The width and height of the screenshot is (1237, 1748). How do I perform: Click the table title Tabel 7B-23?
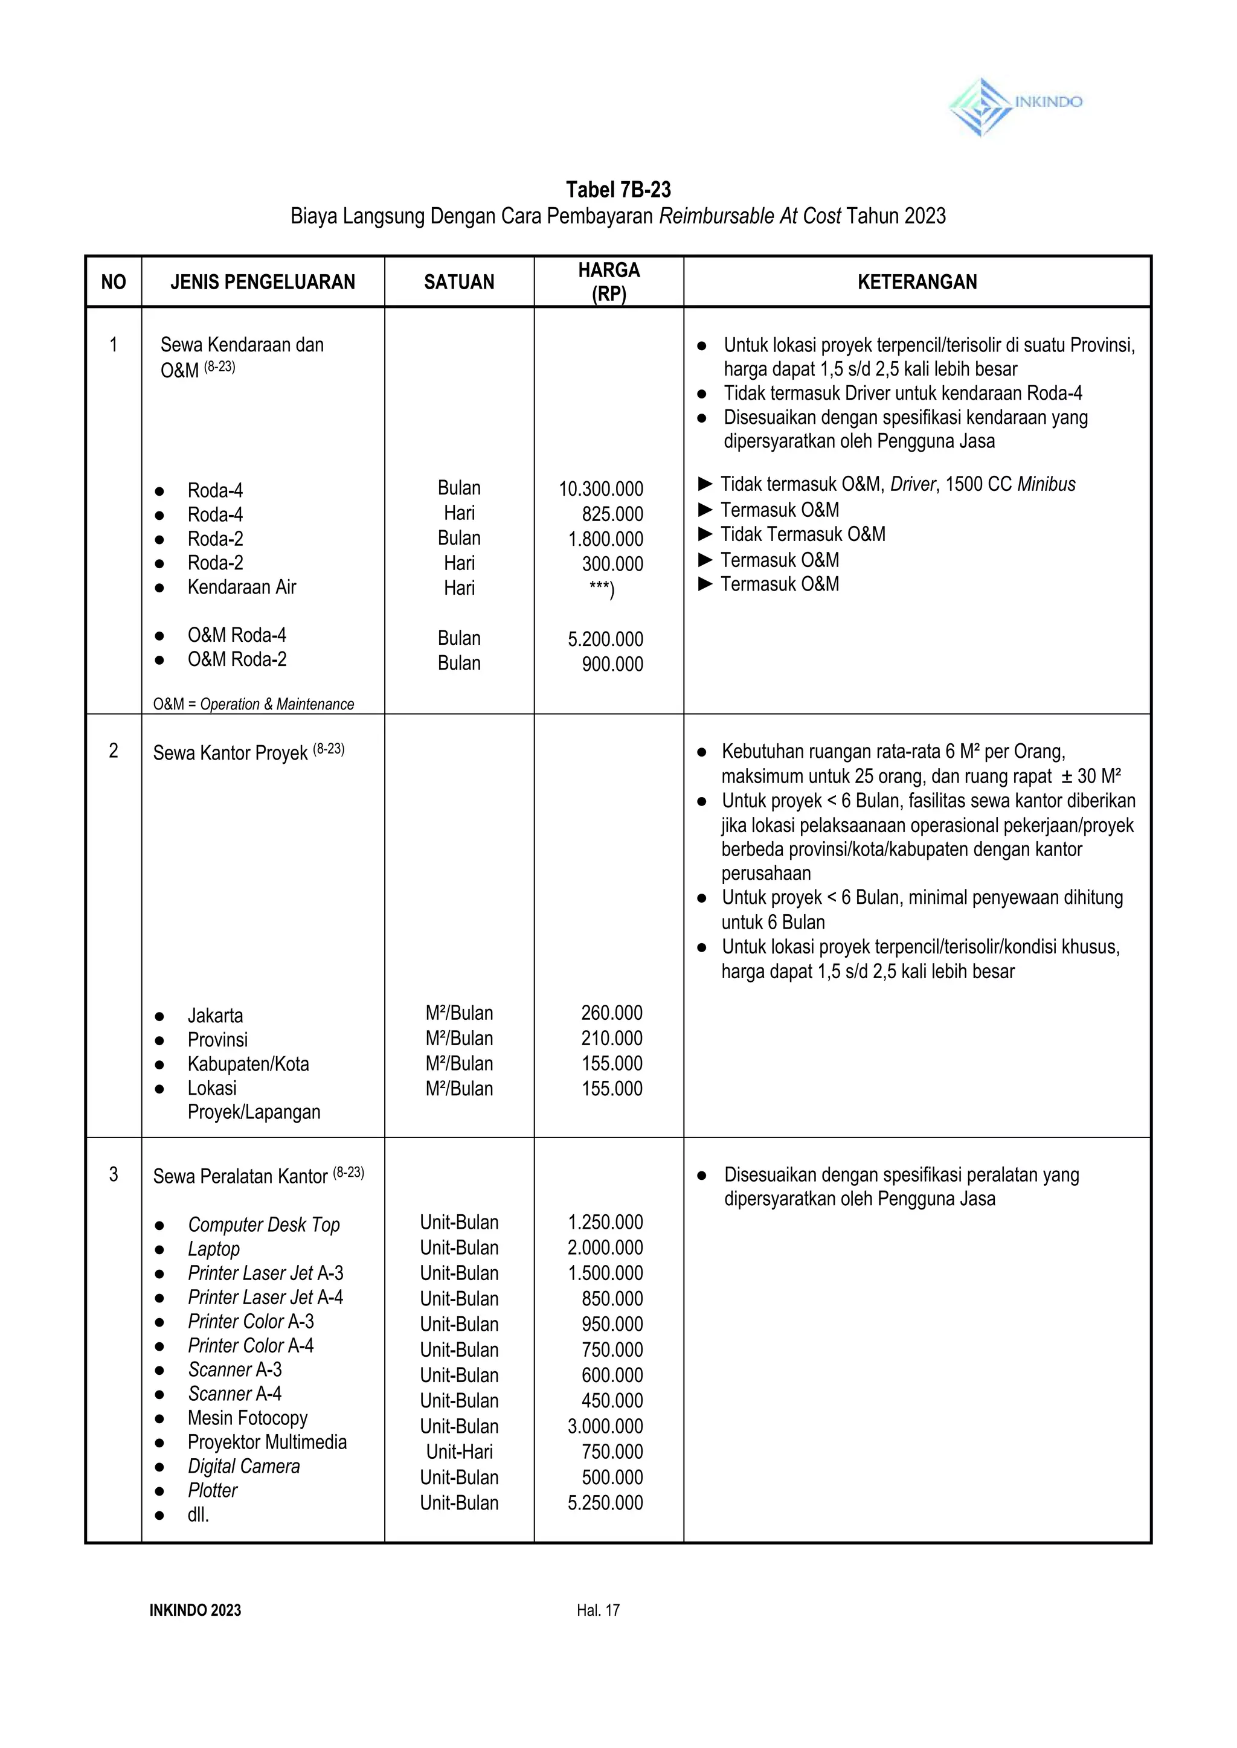618,190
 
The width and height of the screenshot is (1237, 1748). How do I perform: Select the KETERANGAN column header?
916,283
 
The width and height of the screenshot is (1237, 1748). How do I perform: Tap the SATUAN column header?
458,283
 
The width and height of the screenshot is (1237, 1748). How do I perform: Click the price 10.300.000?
600,488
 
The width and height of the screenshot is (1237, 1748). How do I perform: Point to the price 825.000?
612,514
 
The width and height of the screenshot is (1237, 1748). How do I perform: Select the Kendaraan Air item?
242,587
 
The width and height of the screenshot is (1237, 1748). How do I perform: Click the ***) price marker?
601,589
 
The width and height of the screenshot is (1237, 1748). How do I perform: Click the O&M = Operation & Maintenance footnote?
253,704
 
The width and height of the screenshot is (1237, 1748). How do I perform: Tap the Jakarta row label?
215,1016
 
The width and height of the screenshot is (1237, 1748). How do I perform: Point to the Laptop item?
213,1249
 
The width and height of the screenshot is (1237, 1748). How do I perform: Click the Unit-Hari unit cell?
458,1452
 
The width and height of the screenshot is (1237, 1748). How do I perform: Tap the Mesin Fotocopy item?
248,1418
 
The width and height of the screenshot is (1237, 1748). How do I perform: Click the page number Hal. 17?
598,1610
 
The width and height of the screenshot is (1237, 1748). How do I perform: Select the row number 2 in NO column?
114,751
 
